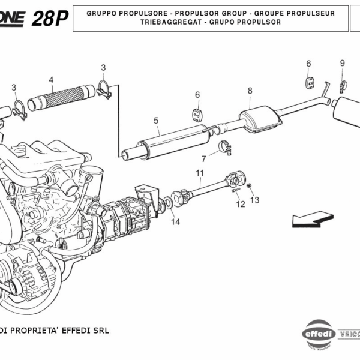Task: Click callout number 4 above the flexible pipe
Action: click(x=51, y=80)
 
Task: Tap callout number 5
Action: click(x=155, y=121)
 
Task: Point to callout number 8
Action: click(x=250, y=91)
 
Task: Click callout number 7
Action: click(x=203, y=159)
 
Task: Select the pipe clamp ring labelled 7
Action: click(x=226, y=145)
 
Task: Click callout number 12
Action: click(x=241, y=204)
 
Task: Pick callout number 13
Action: click(x=254, y=200)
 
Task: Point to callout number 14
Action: click(x=175, y=222)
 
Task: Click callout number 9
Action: click(x=343, y=63)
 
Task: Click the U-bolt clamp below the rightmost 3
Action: click(x=104, y=90)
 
